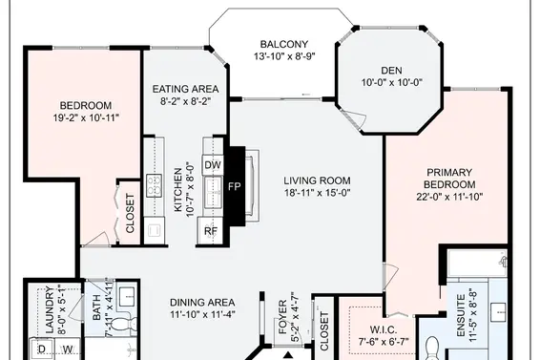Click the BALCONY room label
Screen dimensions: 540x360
[x=283, y=44]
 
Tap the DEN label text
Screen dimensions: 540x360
[x=391, y=71]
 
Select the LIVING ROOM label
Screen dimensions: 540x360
[x=317, y=180]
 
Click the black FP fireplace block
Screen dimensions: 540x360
[x=235, y=186]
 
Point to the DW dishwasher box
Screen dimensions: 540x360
[x=213, y=165]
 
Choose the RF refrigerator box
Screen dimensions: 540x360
[x=211, y=231]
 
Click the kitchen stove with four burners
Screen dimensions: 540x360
[x=154, y=185]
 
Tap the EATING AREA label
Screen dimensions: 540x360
[x=185, y=89]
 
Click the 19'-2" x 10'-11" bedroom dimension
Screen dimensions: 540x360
[x=86, y=118]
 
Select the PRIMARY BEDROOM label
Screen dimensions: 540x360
[x=449, y=179]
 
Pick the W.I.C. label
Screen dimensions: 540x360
[x=383, y=329]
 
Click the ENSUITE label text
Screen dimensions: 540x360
[x=461, y=315]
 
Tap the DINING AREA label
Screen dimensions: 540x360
[x=202, y=303]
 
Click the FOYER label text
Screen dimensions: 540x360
[x=282, y=317]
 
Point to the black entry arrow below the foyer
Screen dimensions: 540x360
[x=288, y=355]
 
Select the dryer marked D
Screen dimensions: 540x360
[x=42, y=349]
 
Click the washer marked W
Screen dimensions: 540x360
[x=68, y=349]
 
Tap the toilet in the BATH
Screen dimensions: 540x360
[x=124, y=324]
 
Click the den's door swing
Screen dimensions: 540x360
[x=357, y=119]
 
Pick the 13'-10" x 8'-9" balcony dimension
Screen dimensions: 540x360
[x=284, y=56]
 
